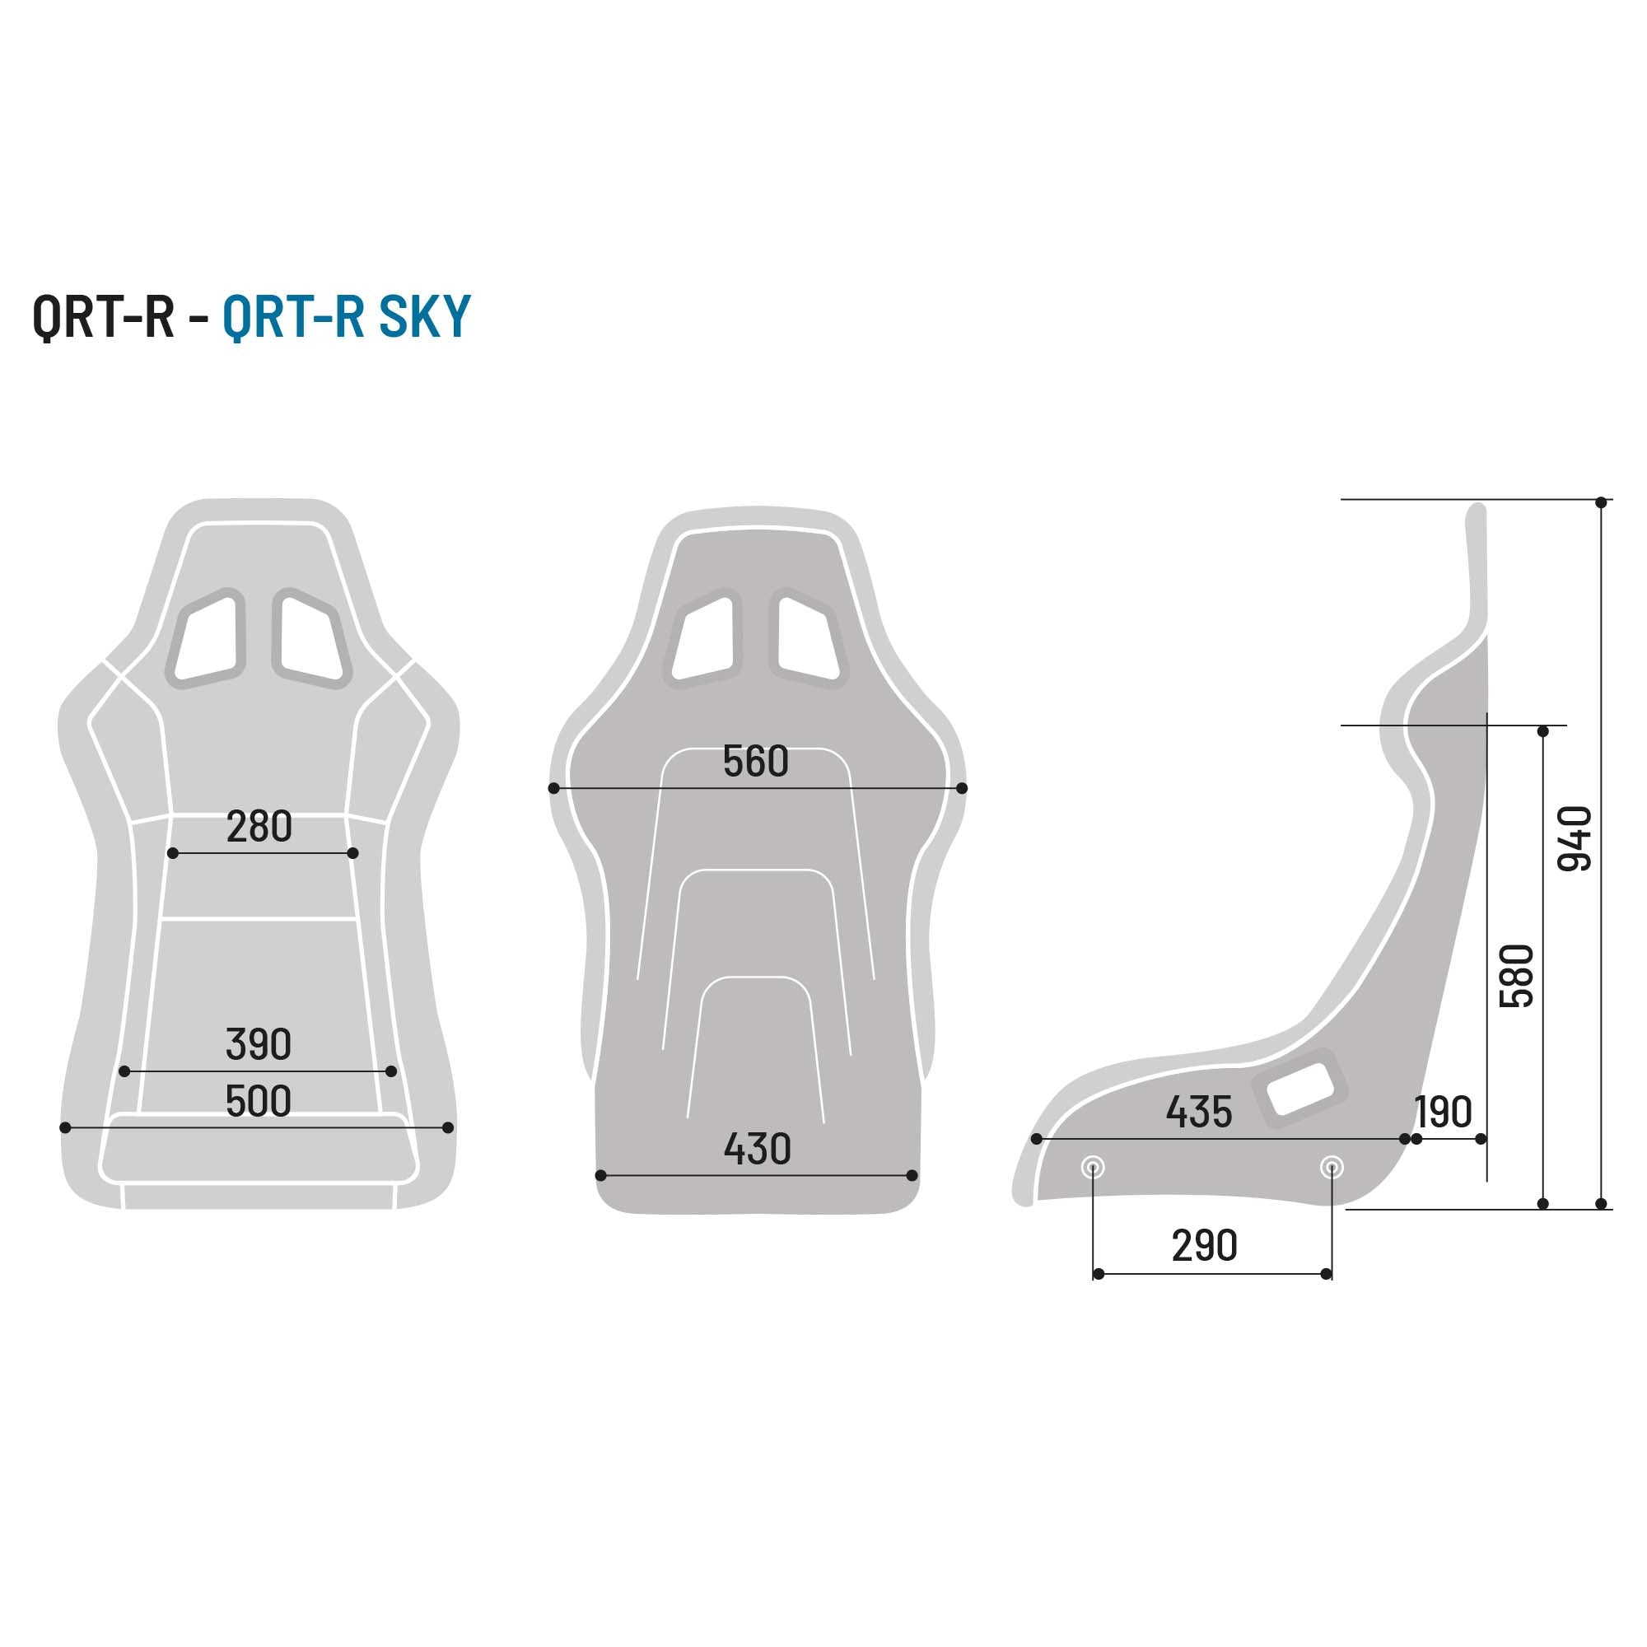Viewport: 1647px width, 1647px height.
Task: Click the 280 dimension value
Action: click(259, 827)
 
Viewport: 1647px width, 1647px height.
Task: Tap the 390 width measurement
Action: click(259, 1044)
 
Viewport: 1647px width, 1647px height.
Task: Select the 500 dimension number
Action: click(259, 1101)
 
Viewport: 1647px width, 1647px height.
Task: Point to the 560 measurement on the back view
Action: click(755, 761)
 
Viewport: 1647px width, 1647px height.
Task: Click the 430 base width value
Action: click(757, 1149)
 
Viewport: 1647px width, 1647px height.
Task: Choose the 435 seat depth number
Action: click(1198, 1112)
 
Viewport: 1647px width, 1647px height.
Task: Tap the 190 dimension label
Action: click(1444, 1112)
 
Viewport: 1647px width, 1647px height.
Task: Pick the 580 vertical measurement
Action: click(1517, 976)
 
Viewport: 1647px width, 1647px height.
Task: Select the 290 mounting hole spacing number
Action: click(1204, 1245)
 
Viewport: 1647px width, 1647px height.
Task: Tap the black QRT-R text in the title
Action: click(103, 316)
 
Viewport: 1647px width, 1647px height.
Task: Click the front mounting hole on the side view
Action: click(1093, 1167)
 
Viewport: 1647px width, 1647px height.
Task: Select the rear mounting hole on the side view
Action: click(1332, 1167)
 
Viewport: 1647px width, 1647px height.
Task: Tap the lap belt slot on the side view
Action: click(1299, 1089)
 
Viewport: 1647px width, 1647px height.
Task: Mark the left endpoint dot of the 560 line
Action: click(554, 789)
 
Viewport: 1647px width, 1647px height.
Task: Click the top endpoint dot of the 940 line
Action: click(1601, 502)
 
